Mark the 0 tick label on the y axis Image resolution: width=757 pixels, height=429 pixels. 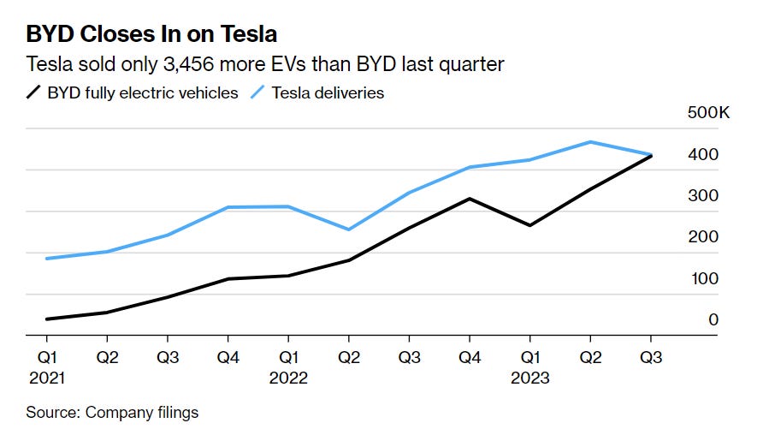point(713,319)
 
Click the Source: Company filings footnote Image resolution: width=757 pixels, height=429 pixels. point(112,413)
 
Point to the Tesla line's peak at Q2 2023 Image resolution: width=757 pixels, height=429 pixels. point(590,142)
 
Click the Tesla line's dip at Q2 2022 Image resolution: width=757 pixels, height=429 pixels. point(348,229)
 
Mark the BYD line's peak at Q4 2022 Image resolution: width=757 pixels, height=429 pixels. point(469,199)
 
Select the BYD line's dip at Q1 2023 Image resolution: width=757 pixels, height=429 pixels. point(529,225)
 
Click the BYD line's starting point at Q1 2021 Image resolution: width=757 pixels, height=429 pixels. point(46,319)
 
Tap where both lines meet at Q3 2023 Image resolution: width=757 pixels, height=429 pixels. point(652,156)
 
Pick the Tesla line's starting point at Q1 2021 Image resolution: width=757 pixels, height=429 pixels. point(46,258)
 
